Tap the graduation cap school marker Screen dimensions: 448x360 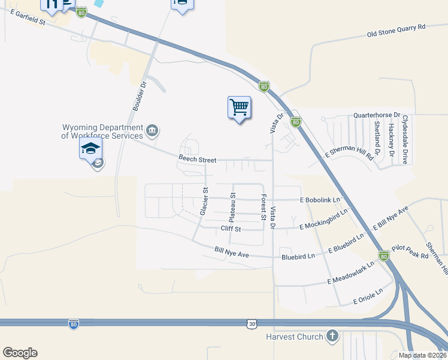[90, 148]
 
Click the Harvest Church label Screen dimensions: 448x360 [295, 337]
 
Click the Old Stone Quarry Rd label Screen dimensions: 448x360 [396, 31]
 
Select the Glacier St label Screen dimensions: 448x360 [204, 202]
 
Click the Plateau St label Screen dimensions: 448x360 [233, 204]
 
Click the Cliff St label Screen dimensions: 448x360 [231, 229]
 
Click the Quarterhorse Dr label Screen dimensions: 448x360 [377, 115]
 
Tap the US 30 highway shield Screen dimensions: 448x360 [252, 323]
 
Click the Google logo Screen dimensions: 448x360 [20, 353]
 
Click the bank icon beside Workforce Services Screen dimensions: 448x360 [152, 130]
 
